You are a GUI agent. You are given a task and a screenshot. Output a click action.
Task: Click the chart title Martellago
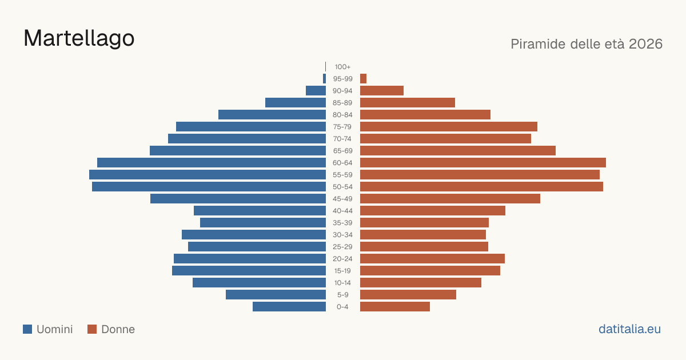(x=79, y=39)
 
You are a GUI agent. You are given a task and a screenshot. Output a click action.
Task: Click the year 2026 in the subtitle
(x=645, y=44)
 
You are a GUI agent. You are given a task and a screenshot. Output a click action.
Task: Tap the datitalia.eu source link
(x=629, y=329)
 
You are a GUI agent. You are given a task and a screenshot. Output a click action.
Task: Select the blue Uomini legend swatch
(x=27, y=329)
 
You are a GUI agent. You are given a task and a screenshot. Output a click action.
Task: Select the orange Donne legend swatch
(x=92, y=329)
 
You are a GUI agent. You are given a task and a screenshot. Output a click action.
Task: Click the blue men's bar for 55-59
(x=208, y=174)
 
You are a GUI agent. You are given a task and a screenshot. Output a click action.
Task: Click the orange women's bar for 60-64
(x=483, y=162)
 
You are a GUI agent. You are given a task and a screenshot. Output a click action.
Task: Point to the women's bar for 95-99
(x=363, y=79)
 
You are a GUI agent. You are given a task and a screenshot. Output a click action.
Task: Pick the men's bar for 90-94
(x=316, y=91)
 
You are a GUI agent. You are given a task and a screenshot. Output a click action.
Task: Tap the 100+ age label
(x=342, y=67)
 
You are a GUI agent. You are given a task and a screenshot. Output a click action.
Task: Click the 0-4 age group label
(x=342, y=307)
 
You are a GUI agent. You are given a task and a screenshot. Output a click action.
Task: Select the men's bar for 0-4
(x=289, y=307)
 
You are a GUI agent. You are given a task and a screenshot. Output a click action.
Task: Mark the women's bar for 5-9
(x=408, y=294)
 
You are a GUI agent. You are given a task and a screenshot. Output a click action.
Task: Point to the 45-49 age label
(x=342, y=199)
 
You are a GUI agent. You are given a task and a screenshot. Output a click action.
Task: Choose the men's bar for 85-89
(x=296, y=102)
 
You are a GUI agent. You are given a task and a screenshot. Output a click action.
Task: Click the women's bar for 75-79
(x=449, y=127)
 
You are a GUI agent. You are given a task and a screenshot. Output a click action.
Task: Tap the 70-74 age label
(x=342, y=139)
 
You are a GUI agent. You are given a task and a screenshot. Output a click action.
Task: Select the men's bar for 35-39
(x=263, y=222)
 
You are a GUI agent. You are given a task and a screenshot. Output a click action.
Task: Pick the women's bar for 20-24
(x=432, y=259)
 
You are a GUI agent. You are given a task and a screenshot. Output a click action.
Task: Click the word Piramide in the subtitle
(x=538, y=44)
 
